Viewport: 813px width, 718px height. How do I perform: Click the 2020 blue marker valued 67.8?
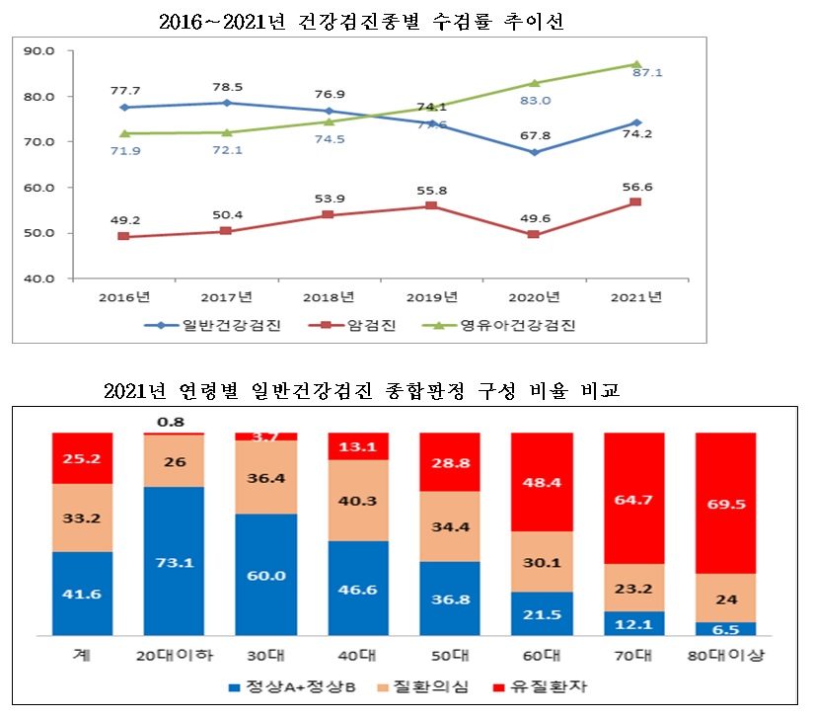click(535, 152)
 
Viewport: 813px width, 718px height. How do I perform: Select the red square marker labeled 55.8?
click(431, 205)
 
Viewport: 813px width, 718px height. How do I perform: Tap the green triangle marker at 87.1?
click(636, 64)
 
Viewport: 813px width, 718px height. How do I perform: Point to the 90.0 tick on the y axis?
click(40, 50)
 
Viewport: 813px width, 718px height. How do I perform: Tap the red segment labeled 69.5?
click(725, 503)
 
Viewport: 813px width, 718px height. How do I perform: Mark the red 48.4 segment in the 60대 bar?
click(542, 481)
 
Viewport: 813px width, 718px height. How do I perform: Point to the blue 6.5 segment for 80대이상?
click(725, 628)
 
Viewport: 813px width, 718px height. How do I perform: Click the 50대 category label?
click(450, 656)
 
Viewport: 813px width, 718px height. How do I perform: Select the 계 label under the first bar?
click(82, 656)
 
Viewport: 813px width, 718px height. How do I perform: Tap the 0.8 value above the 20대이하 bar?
click(174, 422)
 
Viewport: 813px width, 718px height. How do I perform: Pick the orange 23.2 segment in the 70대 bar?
click(633, 588)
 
